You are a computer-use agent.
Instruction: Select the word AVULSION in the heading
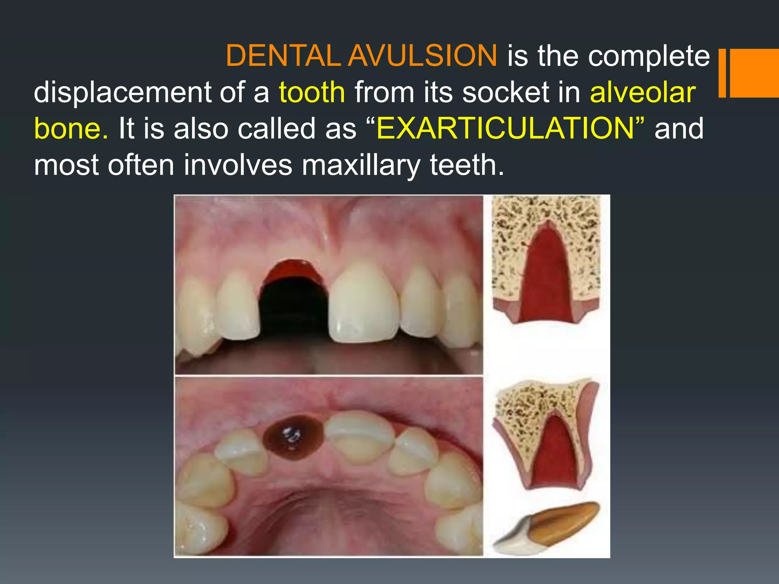click(422, 56)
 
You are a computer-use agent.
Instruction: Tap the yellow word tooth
click(312, 92)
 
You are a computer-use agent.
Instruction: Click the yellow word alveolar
click(642, 92)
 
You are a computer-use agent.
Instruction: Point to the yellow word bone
click(71, 129)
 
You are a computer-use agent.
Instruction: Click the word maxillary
click(361, 165)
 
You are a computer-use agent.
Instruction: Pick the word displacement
click(122, 92)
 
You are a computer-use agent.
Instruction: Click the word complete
click(649, 56)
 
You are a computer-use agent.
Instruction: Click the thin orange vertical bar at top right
click(722, 73)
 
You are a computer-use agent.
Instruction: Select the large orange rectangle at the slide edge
click(755, 73)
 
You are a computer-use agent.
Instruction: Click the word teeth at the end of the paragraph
click(466, 165)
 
